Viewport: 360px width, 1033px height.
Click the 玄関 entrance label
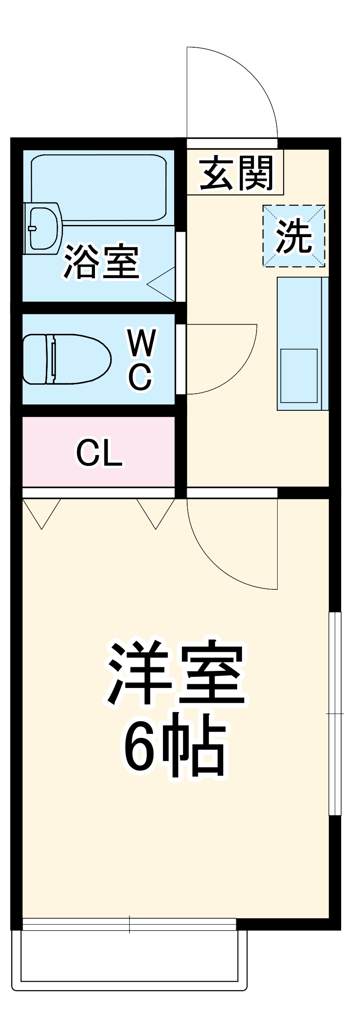[x=236, y=173]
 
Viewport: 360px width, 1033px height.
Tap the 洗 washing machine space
[x=294, y=236]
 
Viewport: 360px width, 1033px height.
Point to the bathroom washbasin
[x=43, y=228]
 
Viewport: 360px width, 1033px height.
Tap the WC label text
[x=141, y=360]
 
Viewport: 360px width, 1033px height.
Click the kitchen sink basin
[x=299, y=375]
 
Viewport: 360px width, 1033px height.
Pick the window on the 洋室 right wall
[x=335, y=713]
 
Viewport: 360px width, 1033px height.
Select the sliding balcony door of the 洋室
[x=129, y=924]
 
